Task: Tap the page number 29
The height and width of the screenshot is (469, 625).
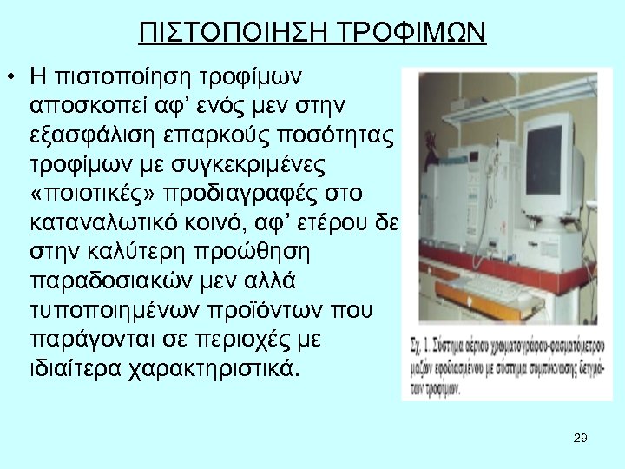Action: (581, 438)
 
